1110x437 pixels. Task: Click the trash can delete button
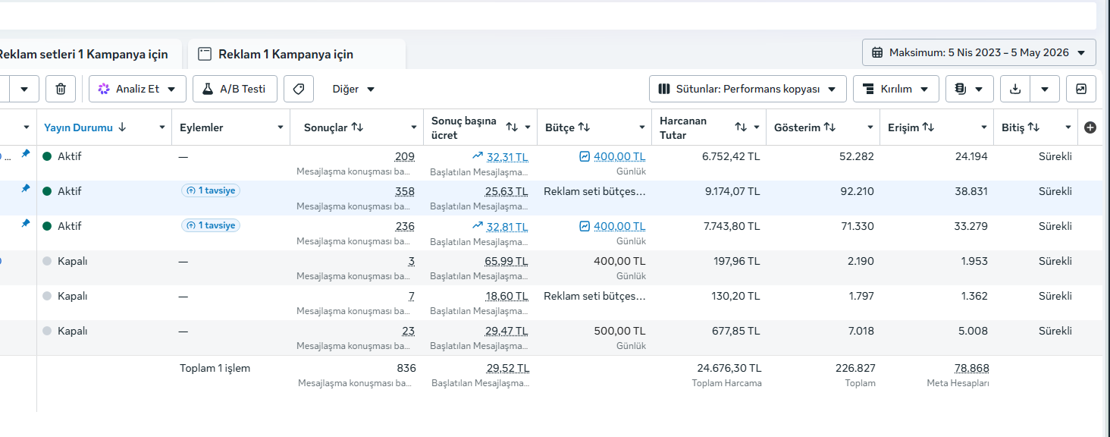coord(61,89)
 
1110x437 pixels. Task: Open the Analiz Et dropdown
coord(137,89)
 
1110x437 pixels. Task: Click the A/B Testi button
coord(235,89)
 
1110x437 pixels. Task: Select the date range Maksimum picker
coord(979,52)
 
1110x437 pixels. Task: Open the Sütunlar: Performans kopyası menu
coord(748,89)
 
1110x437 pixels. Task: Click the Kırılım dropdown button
coord(896,89)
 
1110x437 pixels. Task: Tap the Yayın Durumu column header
coord(78,127)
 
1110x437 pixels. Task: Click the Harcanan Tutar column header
coord(683,127)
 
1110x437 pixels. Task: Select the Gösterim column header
coord(798,127)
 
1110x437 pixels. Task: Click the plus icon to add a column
coord(1090,127)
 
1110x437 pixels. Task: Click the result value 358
coord(405,191)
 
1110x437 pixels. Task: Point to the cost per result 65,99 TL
coord(506,262)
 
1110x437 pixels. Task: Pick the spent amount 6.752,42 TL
coord(731,157)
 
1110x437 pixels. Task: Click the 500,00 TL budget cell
coord(620,331)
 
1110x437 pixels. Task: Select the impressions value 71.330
coord(858,226)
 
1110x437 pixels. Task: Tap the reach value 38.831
coord(971,191)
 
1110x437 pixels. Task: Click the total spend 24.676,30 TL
coord(729,368)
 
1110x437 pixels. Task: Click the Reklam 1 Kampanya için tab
coord(285,54)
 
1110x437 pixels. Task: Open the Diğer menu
coord(353,89)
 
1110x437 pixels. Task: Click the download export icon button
coord(1015,89)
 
